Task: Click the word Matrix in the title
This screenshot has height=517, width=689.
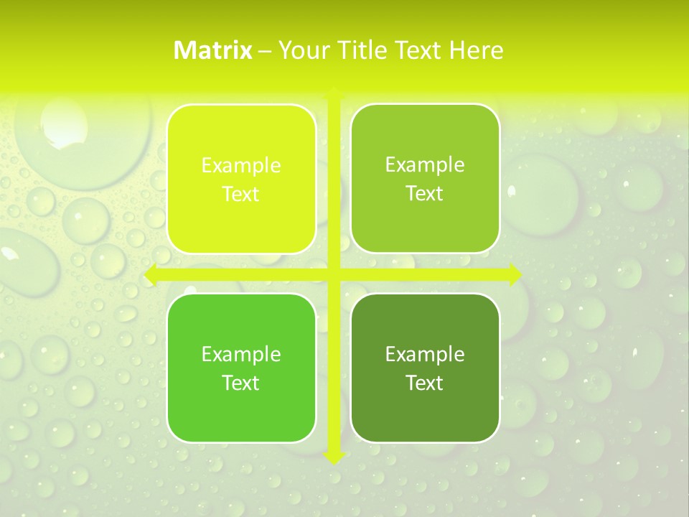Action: click(212, 50)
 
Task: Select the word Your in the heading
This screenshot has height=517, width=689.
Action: click(301, 50)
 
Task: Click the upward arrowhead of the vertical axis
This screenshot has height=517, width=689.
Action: click(334, 93)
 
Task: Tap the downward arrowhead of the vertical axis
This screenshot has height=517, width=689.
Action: click(334, 457)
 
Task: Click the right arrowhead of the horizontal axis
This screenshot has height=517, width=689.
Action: click(515, 275)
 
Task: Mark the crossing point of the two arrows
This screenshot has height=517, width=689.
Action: click(334, 275)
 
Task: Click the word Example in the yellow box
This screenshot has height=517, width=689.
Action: click(241, 166)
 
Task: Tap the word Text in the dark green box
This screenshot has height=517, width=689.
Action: click(425, 383)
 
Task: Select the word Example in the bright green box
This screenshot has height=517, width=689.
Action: click(241, 354)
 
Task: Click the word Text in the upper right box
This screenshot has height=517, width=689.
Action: click(425, 194)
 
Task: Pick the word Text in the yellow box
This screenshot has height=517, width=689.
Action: click(241, 195)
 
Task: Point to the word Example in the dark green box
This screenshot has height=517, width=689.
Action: click(425, 354)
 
